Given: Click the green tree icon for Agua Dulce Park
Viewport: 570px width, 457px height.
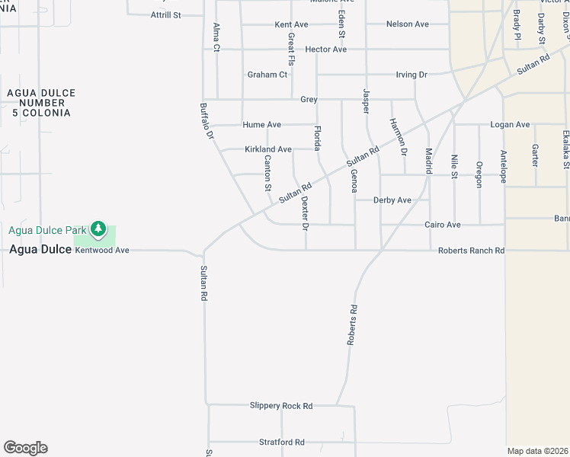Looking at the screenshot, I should point(98,228).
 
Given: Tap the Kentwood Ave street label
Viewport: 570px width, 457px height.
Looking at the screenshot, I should point(103,250).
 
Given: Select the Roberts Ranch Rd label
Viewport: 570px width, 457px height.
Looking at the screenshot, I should point(471,251).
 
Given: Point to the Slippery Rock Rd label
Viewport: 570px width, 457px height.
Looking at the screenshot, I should point(281,406).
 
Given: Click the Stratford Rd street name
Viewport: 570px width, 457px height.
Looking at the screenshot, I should point(282,442).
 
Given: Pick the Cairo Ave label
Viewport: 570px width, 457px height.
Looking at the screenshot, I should point(443,225).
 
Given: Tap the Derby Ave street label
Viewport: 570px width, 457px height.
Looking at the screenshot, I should point(392,200).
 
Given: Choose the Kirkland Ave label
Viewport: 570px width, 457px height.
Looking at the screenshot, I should point(268,149).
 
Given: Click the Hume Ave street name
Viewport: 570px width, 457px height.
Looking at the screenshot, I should point(262,125).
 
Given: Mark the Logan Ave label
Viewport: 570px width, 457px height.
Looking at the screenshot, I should point(510,125).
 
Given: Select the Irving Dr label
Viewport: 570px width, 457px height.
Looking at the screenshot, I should point(411,75).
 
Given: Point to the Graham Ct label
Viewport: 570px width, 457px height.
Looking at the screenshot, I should point(267,75).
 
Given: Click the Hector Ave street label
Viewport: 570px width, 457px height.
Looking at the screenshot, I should point(325,50).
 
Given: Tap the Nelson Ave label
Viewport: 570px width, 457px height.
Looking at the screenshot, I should point(408,24).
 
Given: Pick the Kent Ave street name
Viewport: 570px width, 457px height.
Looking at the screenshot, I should point(291,24).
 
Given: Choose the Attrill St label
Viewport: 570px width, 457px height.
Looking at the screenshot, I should point(166,14).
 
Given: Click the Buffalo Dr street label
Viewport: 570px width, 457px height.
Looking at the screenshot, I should point(205,121).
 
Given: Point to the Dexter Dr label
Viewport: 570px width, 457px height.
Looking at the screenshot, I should point(305,213).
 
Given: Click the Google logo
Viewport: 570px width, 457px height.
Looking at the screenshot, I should point(25,448).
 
